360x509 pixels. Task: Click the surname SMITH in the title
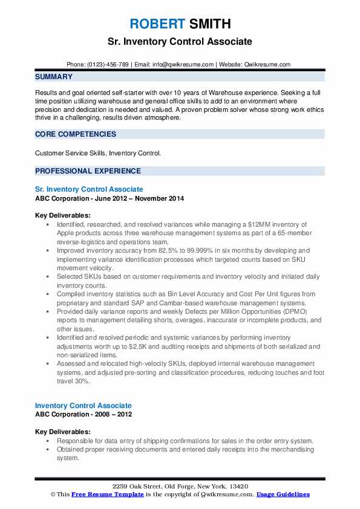pos(209,24)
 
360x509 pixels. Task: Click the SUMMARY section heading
pos(54,77)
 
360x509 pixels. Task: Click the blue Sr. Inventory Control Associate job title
pos(89,189)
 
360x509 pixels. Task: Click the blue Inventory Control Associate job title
pos(83,405)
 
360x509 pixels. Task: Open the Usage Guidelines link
pos(283,494)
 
